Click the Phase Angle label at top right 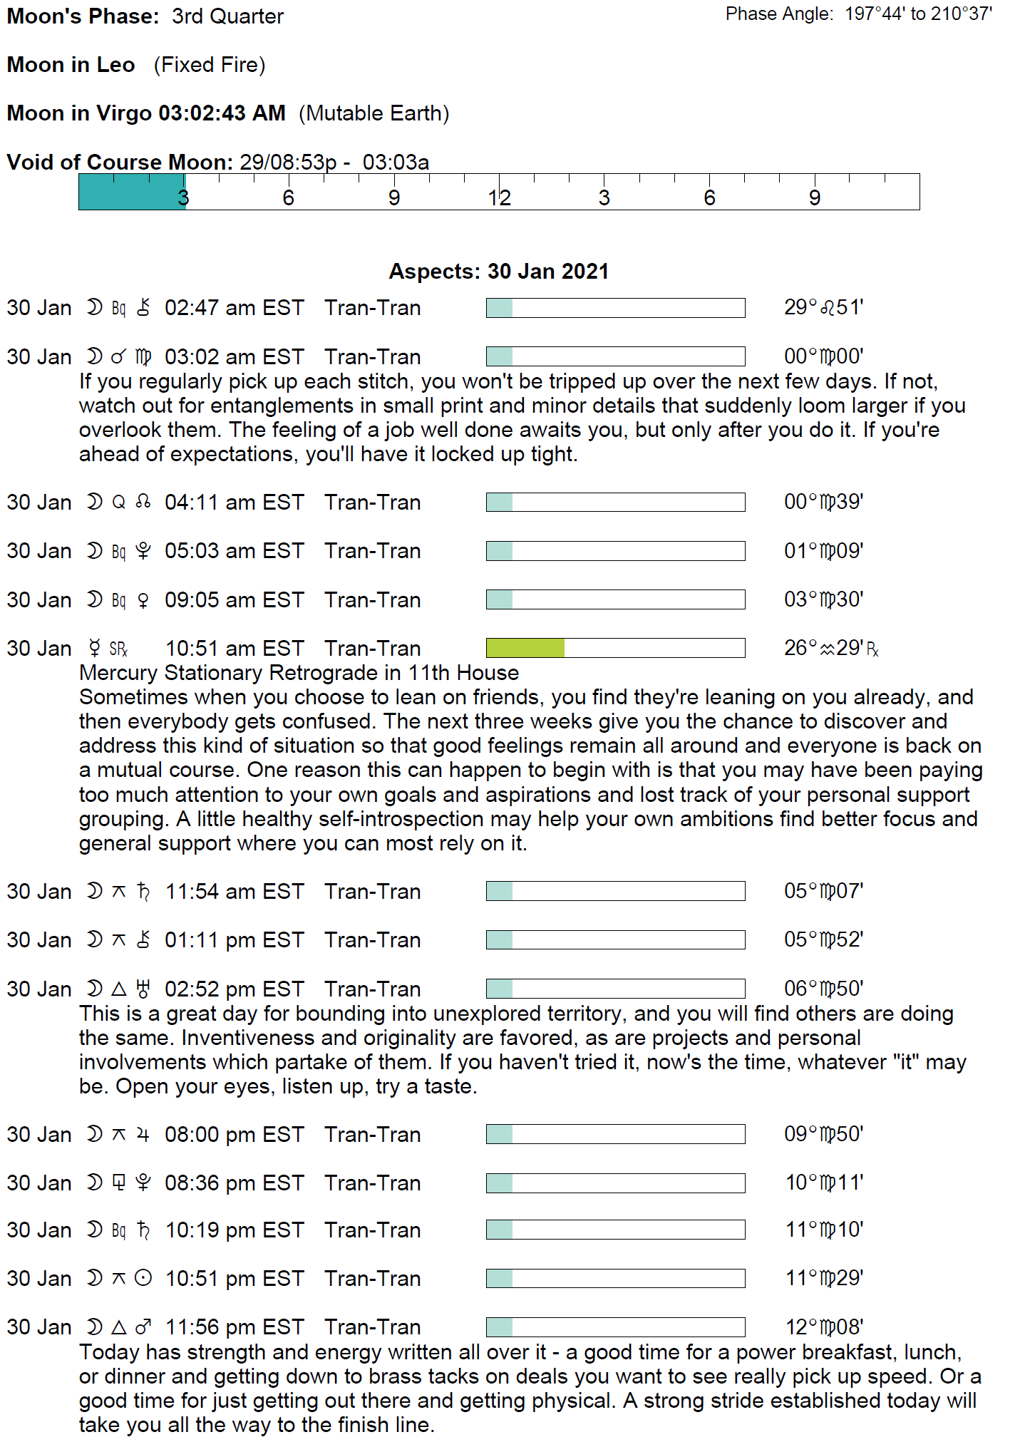click(779, 14)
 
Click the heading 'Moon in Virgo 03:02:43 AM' click(146, 113)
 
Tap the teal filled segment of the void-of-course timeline click(132, 192)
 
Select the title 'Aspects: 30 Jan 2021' click(498, 272)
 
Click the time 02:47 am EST click(235, 308)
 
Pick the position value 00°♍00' click(823, 356)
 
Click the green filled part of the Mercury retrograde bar click(525, 648)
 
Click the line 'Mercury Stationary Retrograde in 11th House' click(299, 673)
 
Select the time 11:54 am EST click(235, 892)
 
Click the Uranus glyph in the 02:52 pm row click(143, 989)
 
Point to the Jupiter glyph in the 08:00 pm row click(143, 1135)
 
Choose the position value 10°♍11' click(824, 1183)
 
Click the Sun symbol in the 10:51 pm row click(143, 1279)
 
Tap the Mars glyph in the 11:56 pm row click(143, 1327)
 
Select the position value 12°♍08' click(824, 1327)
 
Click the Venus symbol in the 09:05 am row click(143, 600)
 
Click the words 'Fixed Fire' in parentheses click(210, 65)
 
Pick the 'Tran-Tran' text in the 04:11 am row click(372, 503)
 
